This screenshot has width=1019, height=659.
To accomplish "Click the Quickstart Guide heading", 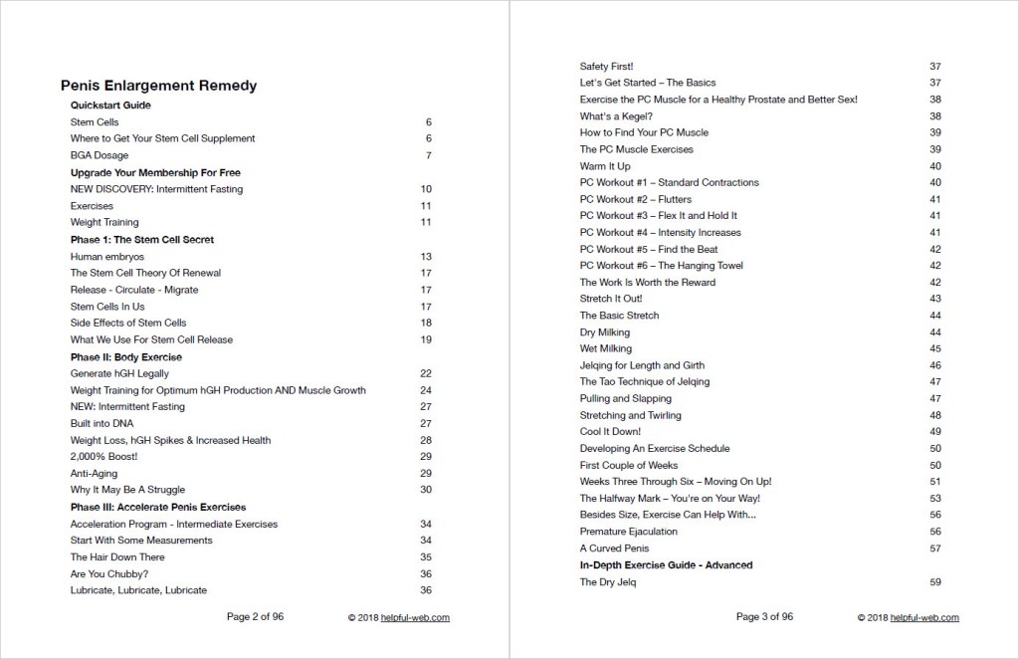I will tap(110, 105).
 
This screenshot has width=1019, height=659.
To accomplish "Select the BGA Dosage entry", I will tap(99, 155).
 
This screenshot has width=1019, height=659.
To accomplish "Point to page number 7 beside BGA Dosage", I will tap(428, 155).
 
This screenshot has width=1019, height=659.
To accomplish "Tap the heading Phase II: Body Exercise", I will tap(125, 356).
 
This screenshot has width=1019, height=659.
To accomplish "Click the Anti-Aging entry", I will tap(94, 473).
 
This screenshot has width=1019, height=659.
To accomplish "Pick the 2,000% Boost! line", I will tap(103, 456).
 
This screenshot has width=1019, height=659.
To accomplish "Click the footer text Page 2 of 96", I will tap(255, 617).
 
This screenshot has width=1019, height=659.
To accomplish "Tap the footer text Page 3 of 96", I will tap(764, 617).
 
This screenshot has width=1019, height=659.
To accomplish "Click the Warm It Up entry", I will tap(605, 166).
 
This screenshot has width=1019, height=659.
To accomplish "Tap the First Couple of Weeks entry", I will tap(629, 465).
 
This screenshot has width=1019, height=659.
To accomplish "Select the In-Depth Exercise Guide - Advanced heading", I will tap(666, 565).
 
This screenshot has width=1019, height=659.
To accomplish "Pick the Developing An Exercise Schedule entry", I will tap(655, 449).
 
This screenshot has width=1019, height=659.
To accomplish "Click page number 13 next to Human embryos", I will tap(426, 256).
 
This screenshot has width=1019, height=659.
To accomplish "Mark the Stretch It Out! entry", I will tap(611, 299).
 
